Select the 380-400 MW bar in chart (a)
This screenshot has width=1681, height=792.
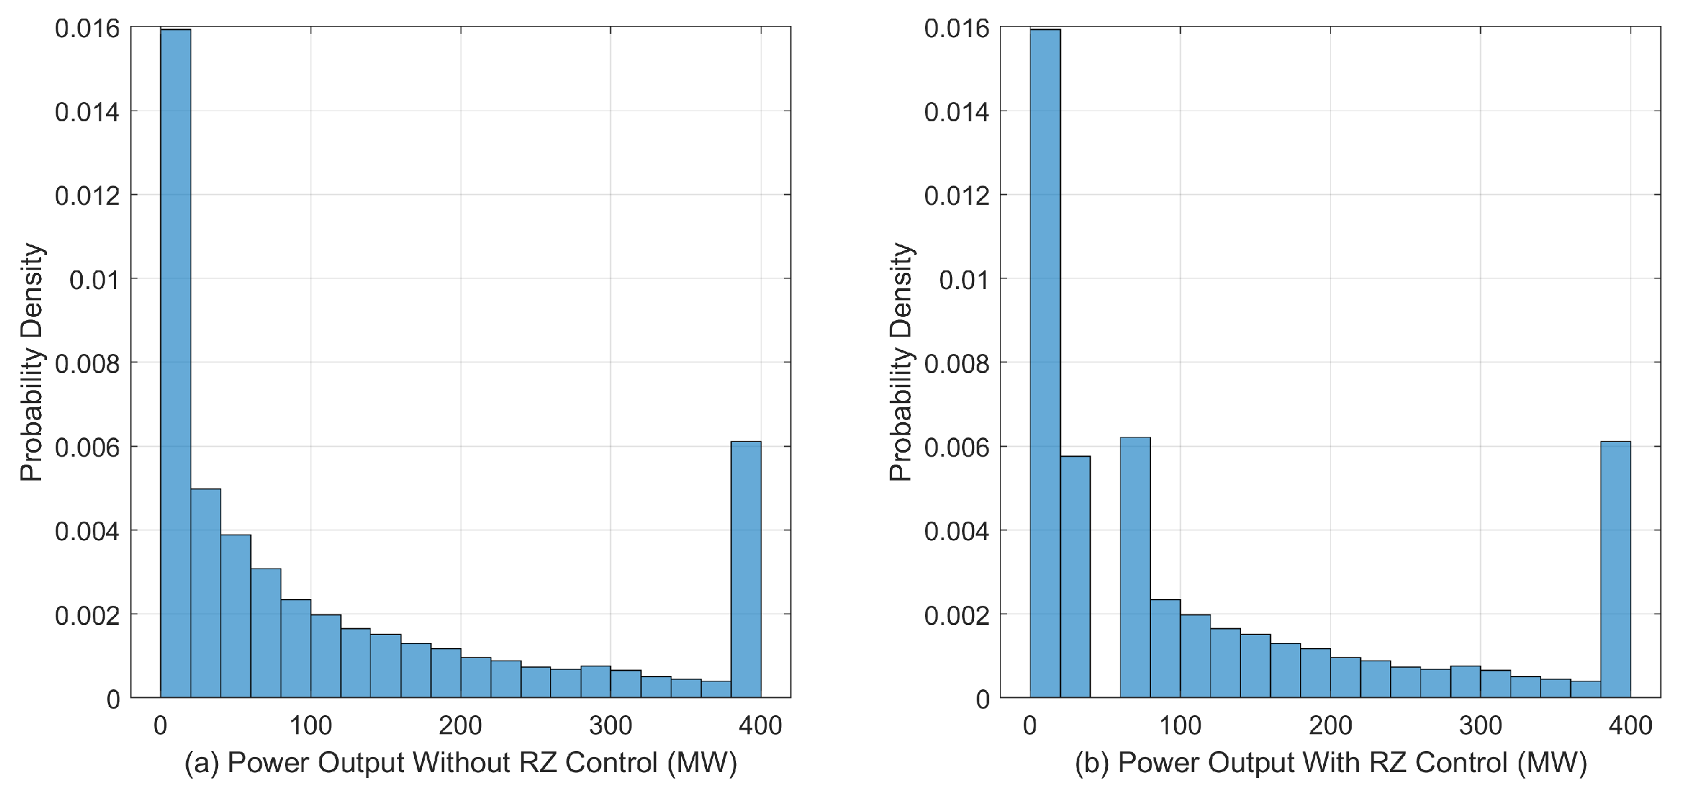tap(745, 569)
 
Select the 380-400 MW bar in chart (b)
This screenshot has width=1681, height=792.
tap(1615, 569)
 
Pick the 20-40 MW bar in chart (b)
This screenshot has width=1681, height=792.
tap(1075, 577)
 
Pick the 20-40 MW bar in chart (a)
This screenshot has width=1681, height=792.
tap(205, 593)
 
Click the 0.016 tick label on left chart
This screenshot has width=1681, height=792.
tap(87, 28)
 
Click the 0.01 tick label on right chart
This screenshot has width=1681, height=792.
tap(963, 280)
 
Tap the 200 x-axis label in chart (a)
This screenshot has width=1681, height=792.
tap(461, 726)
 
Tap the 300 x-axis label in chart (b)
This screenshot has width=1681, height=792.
tap(1480, 726)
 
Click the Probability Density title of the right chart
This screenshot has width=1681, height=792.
tap(900, 362)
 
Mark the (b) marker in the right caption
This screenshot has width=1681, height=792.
tap(1091, 763)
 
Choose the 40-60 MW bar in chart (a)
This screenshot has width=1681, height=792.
tap(236, 616)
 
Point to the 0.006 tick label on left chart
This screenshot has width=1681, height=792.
tap(87, 447)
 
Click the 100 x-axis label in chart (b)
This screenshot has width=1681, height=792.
tap(1180, 726)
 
